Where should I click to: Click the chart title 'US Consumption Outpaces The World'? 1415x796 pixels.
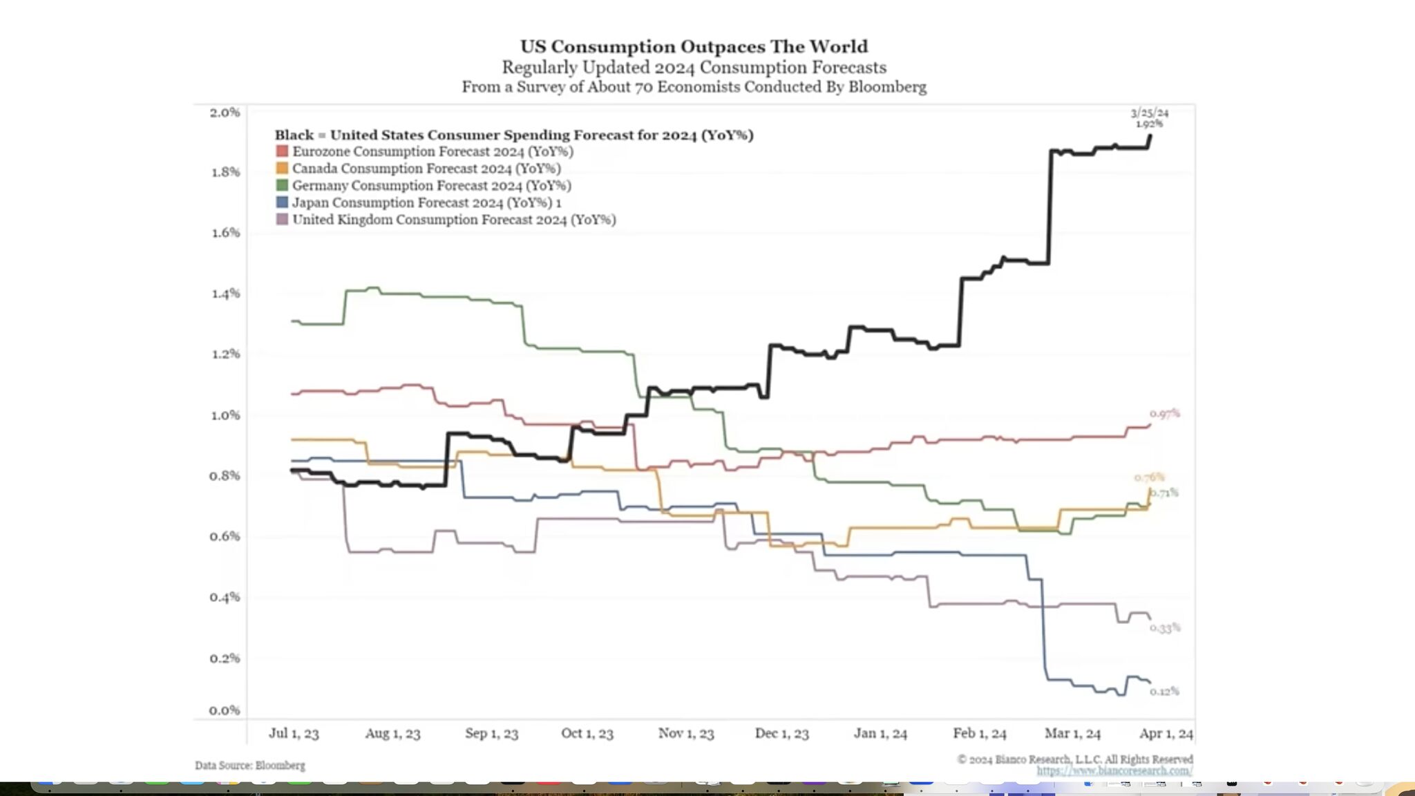(x=694, y=46)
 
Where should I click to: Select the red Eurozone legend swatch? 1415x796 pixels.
(x=282, y=151)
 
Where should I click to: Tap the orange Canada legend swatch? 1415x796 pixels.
(x=282, y=168)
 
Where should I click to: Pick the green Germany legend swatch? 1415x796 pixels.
(x=282, y=185)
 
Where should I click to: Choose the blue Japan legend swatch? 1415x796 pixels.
(x=282, y=202)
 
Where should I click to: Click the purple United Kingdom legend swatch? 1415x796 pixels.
(x=282, y=219)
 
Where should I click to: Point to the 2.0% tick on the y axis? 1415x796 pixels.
(x=225, y=112)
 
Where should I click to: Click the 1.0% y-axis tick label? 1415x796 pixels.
(x=225, y=415)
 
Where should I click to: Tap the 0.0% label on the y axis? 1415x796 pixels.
(x=225, y=710)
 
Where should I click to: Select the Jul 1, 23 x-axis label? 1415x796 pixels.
(x=294, y=733)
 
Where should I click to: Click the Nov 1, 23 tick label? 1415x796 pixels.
(x=685, y=733)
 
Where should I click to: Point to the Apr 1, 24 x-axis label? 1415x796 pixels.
(x=1166, y=733)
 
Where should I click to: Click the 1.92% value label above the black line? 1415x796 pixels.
(x=1150, y=124)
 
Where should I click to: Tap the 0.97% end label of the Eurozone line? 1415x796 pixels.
(x=1165, y=413)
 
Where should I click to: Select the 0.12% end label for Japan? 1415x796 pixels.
(x=1165, y=691)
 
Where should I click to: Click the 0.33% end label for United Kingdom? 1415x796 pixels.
(x=1165, y=627)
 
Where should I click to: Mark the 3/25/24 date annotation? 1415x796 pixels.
(x=1150, y=113)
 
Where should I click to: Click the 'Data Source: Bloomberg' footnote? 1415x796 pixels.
(x=249, y=765)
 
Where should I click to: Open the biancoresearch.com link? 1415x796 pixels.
(x=1114, y=770)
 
